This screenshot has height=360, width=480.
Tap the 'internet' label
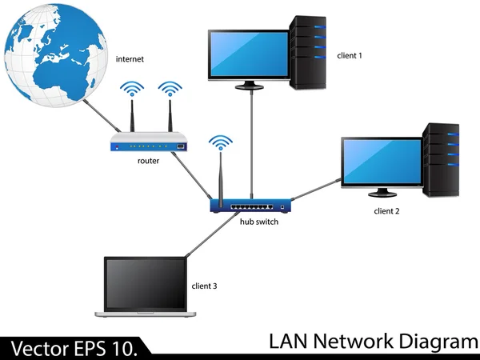point(131,59)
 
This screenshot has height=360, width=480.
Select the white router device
point(150,144)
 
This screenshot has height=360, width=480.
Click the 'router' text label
point(148,161)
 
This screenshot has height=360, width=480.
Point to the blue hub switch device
point(250,206)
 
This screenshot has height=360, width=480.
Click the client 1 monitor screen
point(248,54)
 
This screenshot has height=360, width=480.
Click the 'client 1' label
point(350,55)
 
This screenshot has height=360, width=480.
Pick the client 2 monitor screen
point(382,161)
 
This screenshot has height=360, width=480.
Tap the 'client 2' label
point(386,211)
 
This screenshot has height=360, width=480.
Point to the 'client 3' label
point(204,286)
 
